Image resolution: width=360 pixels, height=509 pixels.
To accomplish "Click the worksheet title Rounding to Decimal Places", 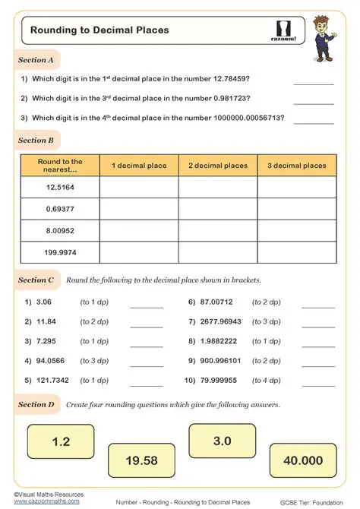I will pos(99,30).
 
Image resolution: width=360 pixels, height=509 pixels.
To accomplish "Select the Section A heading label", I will pos(36,59).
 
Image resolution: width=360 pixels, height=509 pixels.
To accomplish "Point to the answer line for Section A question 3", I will pos(313,122).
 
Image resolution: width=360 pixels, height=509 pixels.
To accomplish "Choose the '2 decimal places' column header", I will pos(218,166).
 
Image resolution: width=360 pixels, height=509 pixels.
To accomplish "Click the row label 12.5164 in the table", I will pos(60,187).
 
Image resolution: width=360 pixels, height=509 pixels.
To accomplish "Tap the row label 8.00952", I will pos(60,230).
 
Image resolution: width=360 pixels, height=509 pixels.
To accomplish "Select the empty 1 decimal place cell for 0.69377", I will pos(139,208).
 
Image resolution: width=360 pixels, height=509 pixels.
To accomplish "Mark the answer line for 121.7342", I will pos(147,384).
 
